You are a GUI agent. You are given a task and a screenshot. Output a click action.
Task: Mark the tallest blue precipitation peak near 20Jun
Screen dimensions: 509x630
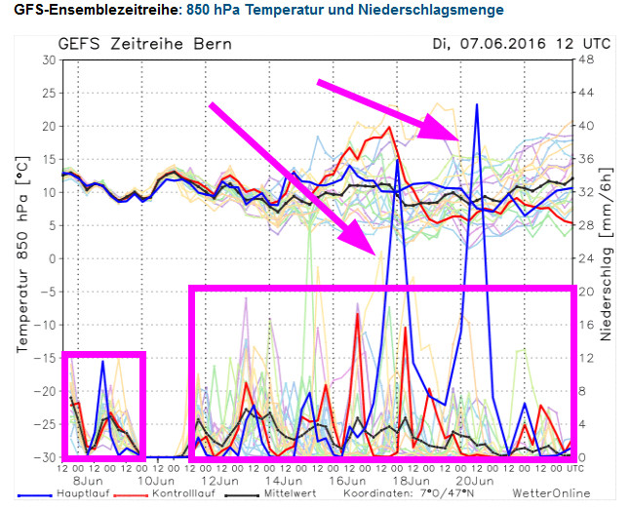point(477,104)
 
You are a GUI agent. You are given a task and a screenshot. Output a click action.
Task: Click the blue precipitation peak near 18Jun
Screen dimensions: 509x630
point(397,161)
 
